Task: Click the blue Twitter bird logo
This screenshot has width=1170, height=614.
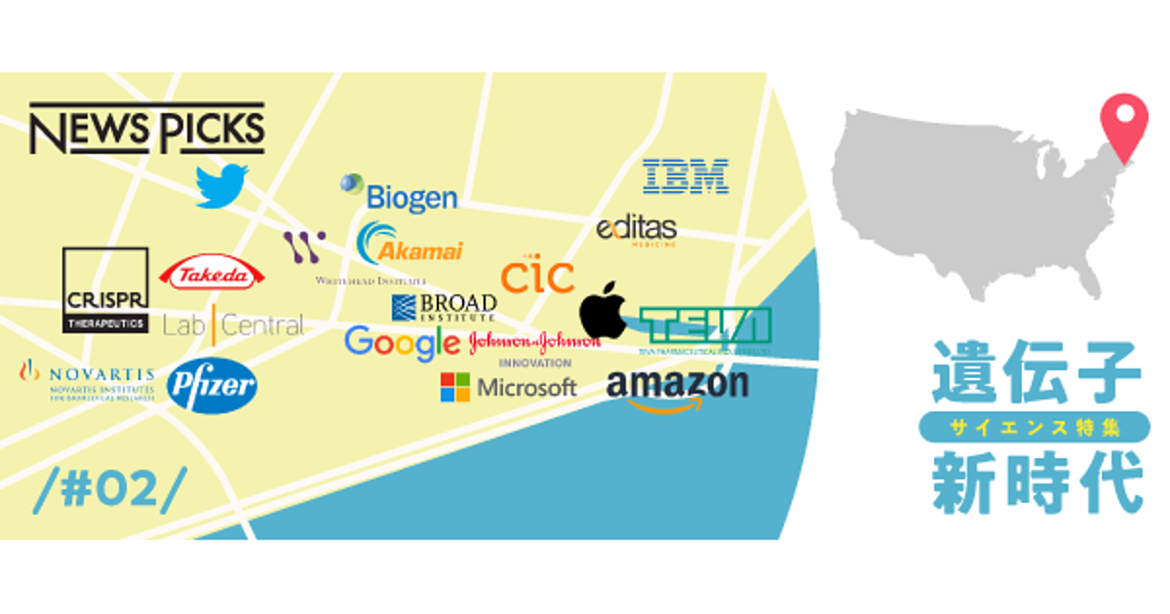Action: (221, 185)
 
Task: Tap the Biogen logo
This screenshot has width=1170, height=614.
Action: (400, 195)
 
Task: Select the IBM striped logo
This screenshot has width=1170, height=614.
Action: (684, 176)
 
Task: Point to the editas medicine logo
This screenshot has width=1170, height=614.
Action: (637, 231)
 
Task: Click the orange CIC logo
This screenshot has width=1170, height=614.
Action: (537, 276)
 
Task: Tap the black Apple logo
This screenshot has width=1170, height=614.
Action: (604, 310)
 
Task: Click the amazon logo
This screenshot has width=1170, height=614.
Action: (678, 389)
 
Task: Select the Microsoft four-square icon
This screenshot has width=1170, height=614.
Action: (454, 387)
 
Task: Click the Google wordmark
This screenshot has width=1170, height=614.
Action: (402, 342)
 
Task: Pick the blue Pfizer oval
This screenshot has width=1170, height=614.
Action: (212, 386)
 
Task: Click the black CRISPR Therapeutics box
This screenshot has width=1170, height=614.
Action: (105, 290)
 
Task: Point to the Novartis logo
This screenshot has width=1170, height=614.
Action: (88, 377)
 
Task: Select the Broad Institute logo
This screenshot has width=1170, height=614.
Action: (444, 307)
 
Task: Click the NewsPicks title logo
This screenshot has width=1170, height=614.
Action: (146, 128)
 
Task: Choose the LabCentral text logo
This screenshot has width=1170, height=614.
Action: (233, 325)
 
